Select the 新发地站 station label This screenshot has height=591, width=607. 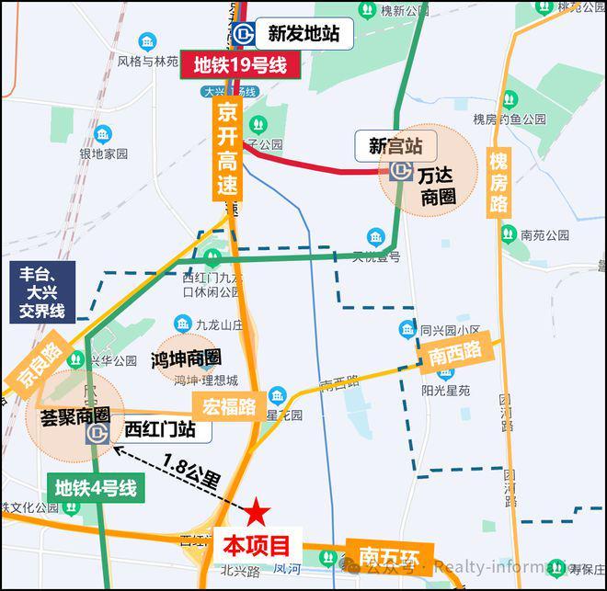[x=303, y=34]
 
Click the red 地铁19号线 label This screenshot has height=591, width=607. [x=240, y=66]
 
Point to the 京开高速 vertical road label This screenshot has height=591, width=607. [x=228, y=150]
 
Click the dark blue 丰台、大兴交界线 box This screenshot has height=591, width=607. [x=43, y=291]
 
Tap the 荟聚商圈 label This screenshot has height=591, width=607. [x=69, y=415]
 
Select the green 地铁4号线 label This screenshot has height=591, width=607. [x=96, y=488]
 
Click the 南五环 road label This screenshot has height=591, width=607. [x=384, y=556]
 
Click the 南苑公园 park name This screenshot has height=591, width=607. [x=545, y=235]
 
